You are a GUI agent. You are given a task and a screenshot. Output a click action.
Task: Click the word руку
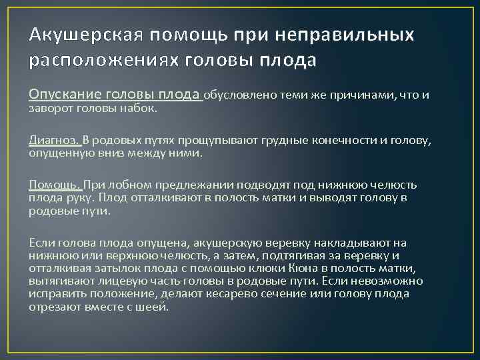[x=83, y=198]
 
